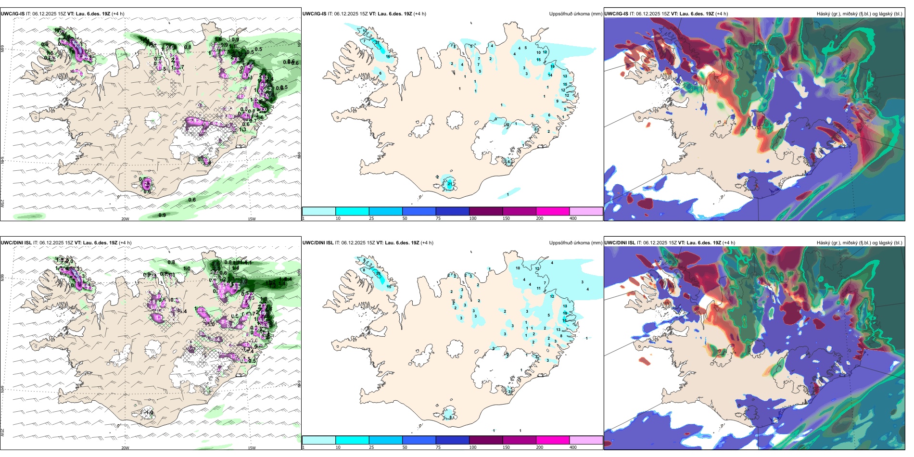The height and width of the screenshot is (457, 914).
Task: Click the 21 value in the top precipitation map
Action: (x=450, y=184)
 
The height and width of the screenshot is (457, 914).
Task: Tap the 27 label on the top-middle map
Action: (x=378, y=43)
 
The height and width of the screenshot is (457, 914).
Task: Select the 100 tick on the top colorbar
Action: (x=473, y=218)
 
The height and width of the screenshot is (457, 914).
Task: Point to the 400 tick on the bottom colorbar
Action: (x=573, y=447)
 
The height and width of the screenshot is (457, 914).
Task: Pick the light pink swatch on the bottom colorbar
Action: (x=585, y=440)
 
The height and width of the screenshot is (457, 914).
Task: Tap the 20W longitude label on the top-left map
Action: (x=125, y=219)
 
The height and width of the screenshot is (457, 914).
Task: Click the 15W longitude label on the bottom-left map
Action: (x=252, y=448)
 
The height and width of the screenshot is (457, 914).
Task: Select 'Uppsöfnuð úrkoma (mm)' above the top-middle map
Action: (x=575, y=14)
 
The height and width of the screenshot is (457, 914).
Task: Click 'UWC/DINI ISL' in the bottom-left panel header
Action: (x=16, y=243)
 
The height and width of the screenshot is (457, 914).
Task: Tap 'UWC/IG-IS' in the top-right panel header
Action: (x=616, y=14)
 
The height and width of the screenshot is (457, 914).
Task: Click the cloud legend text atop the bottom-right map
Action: (x=859, y=243)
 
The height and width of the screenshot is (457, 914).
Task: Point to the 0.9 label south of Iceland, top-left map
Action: (x=162, y=215)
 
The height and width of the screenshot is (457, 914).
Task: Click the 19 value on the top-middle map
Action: (x=553, y=67)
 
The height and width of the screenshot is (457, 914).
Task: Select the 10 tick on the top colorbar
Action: (x=338, y=218)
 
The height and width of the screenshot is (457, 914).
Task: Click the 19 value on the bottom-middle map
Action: (x=565, y=313)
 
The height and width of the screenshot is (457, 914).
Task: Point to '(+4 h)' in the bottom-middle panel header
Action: (x=427, y=243)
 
